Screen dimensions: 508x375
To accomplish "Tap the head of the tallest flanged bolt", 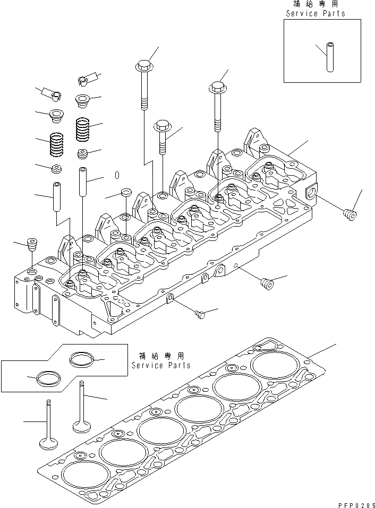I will (x=143, y=67).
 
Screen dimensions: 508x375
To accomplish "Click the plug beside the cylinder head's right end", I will (x=350, y=216).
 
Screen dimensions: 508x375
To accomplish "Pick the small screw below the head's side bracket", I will (x=200, y=315).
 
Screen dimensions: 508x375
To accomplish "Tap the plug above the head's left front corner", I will (x=32, y=247).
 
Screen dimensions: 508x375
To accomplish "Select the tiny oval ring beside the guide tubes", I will (x=117, y=176).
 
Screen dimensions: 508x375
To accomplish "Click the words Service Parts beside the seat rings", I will (x=160, y=366).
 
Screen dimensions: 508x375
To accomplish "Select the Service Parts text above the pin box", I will (x=315, y=13).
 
